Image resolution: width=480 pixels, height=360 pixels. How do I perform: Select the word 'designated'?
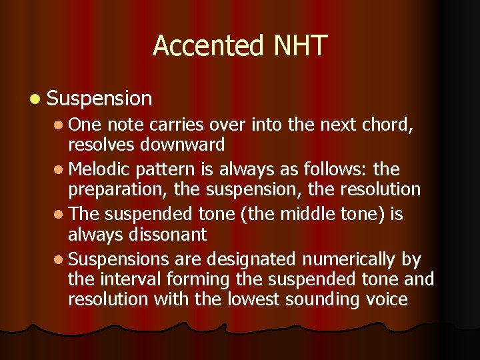click(x=254, y=257)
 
